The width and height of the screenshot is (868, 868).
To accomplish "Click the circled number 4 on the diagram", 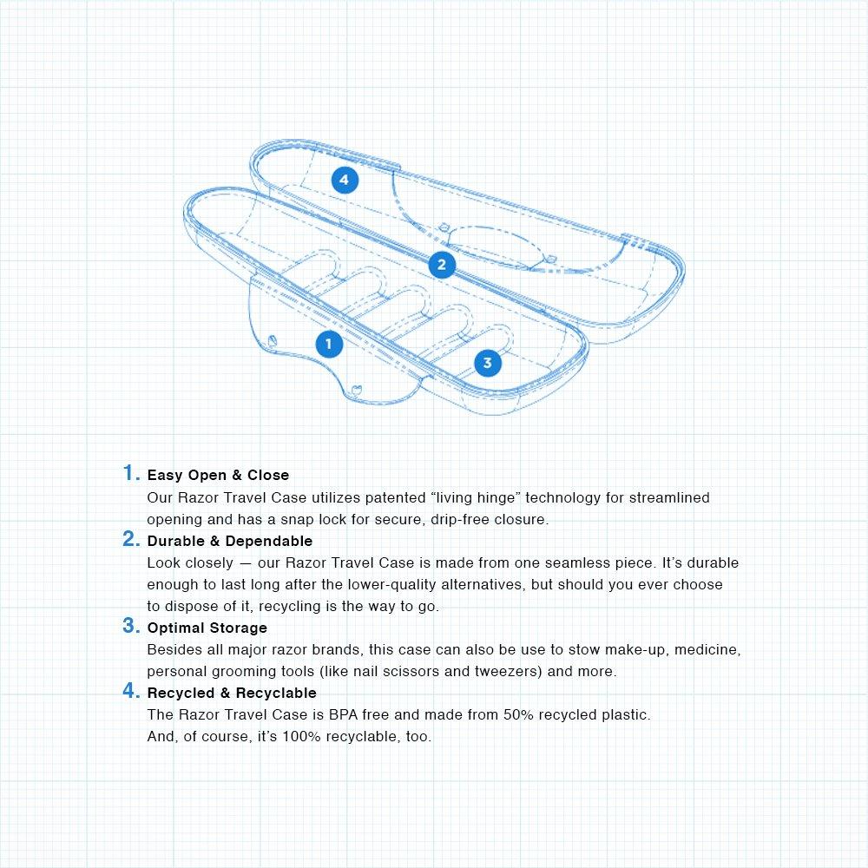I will [345, 180].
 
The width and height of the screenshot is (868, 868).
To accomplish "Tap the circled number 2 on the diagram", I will [442, 264].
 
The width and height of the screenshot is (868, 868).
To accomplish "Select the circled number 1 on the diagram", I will [328, 344].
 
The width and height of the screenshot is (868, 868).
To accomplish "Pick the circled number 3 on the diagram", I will [487, 363].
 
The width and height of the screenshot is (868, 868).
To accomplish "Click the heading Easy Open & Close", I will [218, 475].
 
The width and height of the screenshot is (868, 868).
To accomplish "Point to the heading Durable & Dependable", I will [229, 541].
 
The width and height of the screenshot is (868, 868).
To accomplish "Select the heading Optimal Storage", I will [207, 628].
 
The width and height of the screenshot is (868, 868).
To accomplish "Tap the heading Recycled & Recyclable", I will [232, 693].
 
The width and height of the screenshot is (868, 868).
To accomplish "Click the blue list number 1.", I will [130, 473].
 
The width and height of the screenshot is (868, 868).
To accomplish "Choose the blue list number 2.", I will [130, 539].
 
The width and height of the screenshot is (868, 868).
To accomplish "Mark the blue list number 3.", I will [130, 626].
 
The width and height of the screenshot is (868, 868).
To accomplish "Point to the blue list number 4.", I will [130, 691].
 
